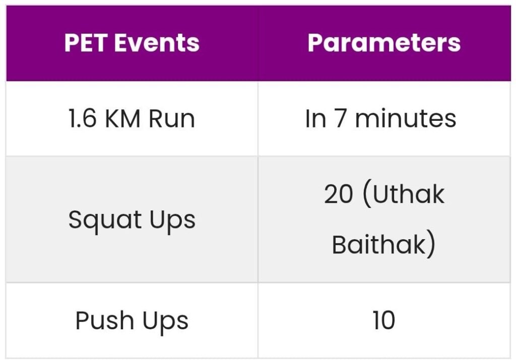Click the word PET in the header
coord(86,43)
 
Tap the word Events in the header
coord(157,43)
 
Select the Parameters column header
coord(384,43)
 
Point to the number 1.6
coord(82,118)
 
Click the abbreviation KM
coord(122,118)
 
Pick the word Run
coord(172,118)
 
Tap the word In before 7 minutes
coord(315,118)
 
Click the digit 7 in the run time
coord(340,119)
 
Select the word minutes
coord(406,118)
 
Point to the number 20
coord(339,194)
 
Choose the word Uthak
coord(408,194)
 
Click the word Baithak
coord(379,244)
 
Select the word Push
coord(104,321)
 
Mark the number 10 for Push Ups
coord(383,320)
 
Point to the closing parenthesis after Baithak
coord(431,245)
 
